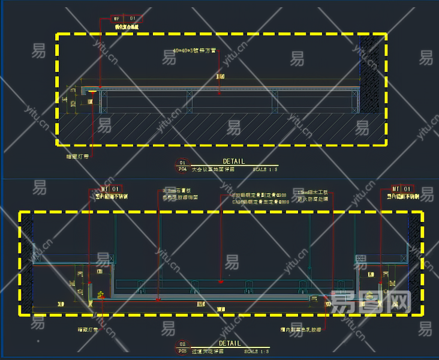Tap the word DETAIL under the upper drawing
[234, 161]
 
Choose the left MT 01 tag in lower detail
[112, 188]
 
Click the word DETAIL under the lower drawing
[230, 343]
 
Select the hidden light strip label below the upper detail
[77, 157]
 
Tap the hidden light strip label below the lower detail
[88, 329]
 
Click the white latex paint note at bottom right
[300, 329]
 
